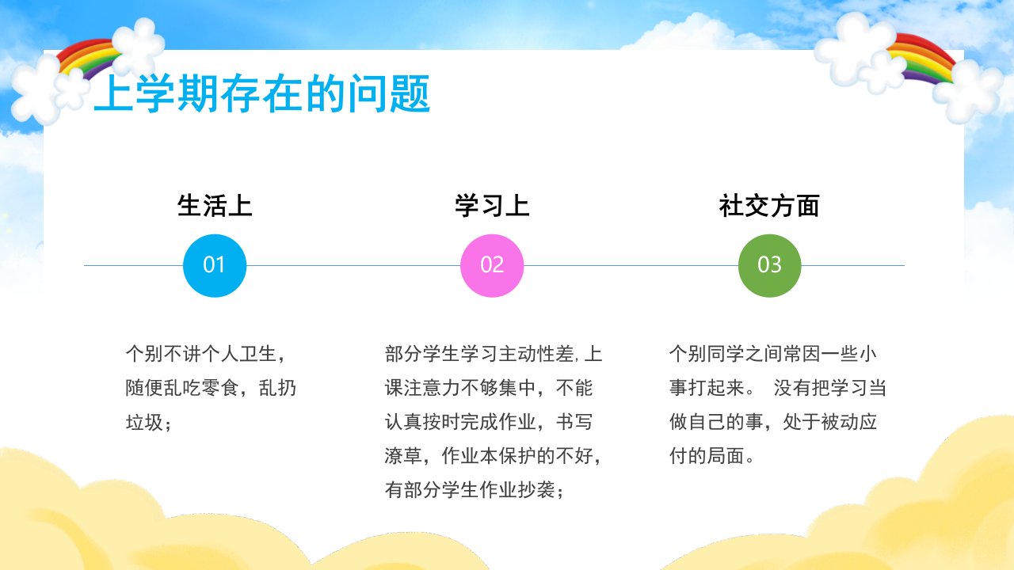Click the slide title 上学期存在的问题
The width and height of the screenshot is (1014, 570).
(x=261, y=93)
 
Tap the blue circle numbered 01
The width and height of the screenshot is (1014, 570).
(x=215, y=265)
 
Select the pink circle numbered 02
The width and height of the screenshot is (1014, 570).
(x=492, y=265)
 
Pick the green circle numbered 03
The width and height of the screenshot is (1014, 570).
(x=769, y=265)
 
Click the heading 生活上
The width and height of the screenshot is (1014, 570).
(x=215, y=206)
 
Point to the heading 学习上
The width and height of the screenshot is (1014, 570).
(x=492, y=206)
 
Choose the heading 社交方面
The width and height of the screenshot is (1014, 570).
(x=769, y=206)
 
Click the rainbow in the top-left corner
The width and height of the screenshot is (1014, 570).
(x=86, y=58)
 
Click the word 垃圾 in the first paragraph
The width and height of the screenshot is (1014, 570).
(x=144, y=423)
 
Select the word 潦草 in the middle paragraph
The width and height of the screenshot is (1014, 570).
(x=403, y=456)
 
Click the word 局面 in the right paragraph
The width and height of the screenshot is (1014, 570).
(x=726, y=456)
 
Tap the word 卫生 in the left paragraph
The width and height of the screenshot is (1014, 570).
(x=258, y=354)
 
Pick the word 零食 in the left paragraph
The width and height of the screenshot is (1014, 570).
(x=220, y=388)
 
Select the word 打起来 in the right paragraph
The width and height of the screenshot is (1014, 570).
(x=716, y=388)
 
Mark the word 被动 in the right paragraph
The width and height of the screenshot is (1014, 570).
(x=839, y=422)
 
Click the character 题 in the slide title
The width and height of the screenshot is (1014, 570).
(x=410, y=93)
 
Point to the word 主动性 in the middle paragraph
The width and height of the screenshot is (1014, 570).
(x=527, y=354)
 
